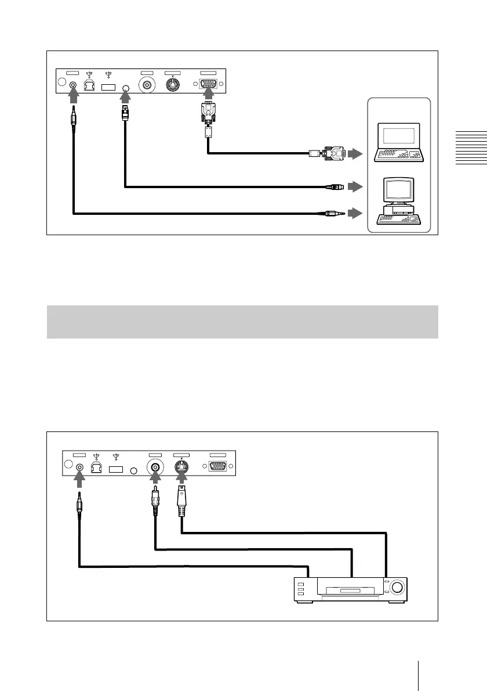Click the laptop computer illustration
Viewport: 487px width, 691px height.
pos(399,142)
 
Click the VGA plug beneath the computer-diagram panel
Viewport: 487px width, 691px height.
pos(208,113)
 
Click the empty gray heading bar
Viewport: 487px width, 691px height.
pos(242,321)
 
